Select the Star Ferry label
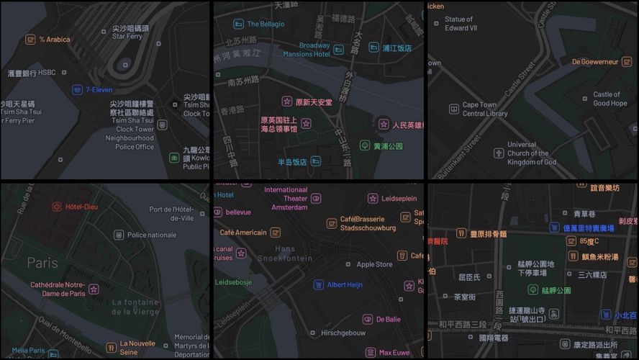click(x=127, y=35)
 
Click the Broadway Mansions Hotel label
click(x=307, y=50)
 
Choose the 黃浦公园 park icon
click(x=365, y=146)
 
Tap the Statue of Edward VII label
click(x=461, y=24)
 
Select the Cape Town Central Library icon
click(x=454, y=109)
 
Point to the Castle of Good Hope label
click(x=610, y=99)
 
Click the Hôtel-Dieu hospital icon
click(x=57, y=207)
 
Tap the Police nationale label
click(x=151, y=235)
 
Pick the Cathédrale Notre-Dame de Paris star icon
click(x=94, y=289)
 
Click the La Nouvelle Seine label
click(x=137, y=348)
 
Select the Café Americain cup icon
click(x=276, y=233)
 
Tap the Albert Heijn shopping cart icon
click(x=319, y=284)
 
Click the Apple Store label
click(x=374, y=264)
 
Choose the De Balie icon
click(x=368, y=319)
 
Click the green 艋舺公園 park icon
click(x=532, y=290)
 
